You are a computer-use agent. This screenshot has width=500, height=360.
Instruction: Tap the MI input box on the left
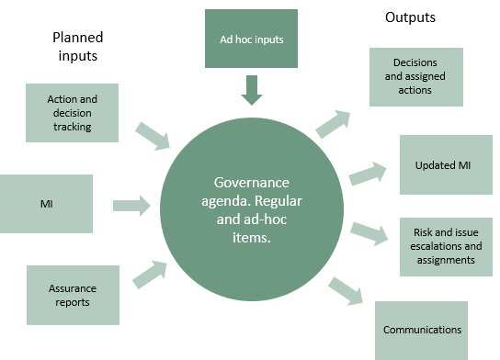point(46,204)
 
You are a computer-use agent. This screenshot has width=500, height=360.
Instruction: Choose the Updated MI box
point(446,164)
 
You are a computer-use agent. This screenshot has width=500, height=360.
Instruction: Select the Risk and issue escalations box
point(445,247)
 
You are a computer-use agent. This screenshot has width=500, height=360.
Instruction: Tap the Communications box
point(424,330)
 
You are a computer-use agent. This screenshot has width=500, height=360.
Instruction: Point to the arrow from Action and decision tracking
point(151,136)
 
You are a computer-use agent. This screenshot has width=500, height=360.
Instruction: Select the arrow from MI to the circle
point(132,204)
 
